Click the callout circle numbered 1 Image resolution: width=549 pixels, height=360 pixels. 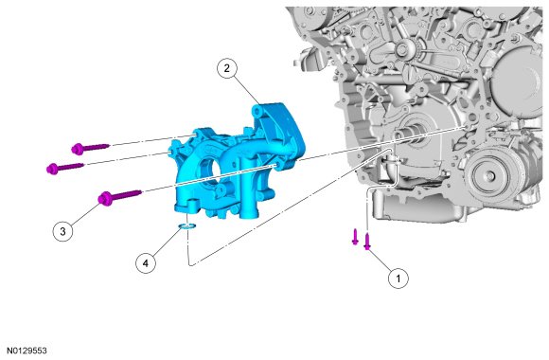(x=398, y=279)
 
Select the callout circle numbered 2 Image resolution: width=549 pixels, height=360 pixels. (x=227, y=68)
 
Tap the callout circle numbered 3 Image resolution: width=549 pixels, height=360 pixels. (x=62, y=231)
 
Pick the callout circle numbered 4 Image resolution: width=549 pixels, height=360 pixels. (x=146, y=262)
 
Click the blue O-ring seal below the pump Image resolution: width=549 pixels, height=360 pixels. (x=186, y=226)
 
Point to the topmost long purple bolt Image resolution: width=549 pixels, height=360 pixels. (x=90, y=148)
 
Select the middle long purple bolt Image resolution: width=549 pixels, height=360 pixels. (x=64, y=167)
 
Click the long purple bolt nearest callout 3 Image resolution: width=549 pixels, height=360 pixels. (x=119, y=196)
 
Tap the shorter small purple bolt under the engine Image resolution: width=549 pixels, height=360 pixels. (x=355, y=237)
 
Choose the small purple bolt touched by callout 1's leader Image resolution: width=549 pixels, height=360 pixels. (x=367, y=242)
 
